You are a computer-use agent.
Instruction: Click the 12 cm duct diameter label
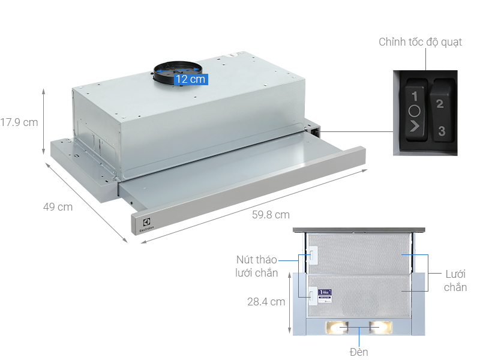click(x=190, y=79)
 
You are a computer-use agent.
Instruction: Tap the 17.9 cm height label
click(x=19, y=122)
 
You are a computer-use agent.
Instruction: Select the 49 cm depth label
click(x=58, y=207)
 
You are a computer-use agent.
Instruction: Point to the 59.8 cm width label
click(x=271, y=215)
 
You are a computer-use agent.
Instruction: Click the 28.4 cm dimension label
click(x=266, y=302)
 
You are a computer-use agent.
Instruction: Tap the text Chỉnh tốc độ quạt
click(x=420, y=43)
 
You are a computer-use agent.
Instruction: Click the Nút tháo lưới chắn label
click(x=256, y=266)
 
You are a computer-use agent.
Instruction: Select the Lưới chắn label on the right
click(x=455, y=280)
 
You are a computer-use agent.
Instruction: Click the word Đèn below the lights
click(x=359, y=352)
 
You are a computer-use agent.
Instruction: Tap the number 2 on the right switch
click(x=439, y=104)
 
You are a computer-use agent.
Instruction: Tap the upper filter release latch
click(x=312, y=256)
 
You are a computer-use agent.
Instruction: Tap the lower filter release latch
click(x=312, y=294)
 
